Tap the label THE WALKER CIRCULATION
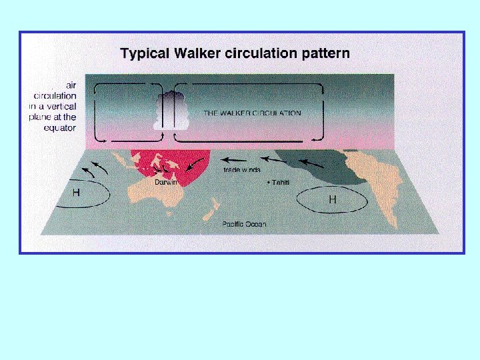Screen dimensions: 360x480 pos(252,113)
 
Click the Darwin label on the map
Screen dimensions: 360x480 pos(166,182)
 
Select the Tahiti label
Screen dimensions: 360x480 pos(280,183)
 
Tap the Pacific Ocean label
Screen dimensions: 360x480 pos(244,224)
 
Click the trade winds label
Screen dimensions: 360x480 pos(242,170)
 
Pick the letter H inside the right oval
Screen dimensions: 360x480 pos(332,199)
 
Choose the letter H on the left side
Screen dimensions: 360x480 pos(76,193)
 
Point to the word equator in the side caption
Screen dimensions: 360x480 pos(61,127)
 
